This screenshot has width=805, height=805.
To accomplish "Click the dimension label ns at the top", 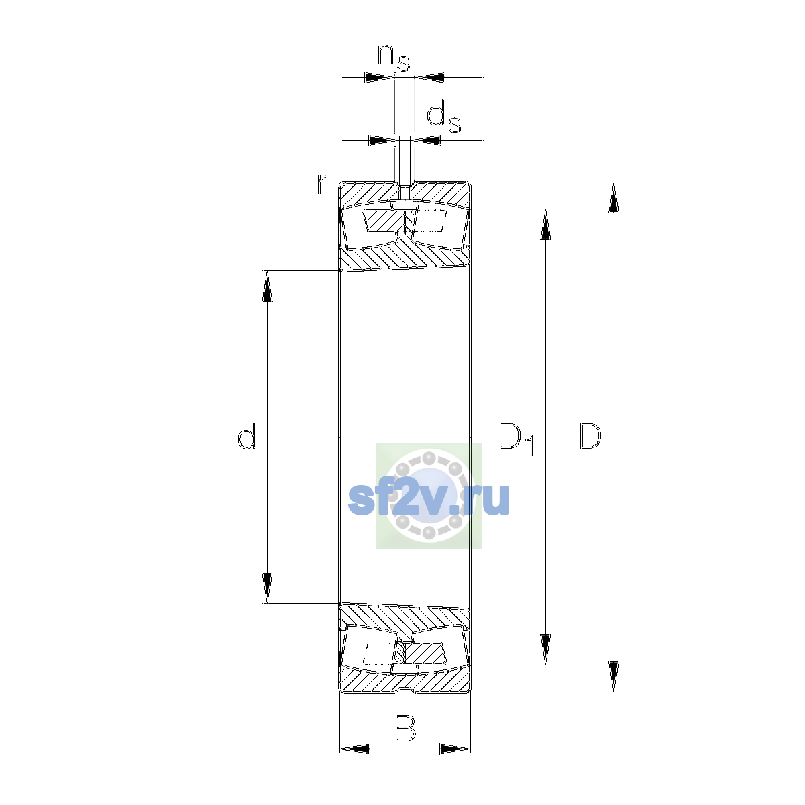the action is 394,58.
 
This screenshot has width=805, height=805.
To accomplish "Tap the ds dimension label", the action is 443,119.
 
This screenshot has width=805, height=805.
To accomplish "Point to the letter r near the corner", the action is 321,184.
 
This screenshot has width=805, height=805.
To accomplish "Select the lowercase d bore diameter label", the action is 246,436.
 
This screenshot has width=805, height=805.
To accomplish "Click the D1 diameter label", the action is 517,439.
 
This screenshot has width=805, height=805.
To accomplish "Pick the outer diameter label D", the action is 590,436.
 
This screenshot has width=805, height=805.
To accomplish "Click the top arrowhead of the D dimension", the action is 614,198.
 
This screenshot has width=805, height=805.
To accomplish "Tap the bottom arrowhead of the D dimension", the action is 614,676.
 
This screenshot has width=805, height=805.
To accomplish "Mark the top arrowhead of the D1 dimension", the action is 545,224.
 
